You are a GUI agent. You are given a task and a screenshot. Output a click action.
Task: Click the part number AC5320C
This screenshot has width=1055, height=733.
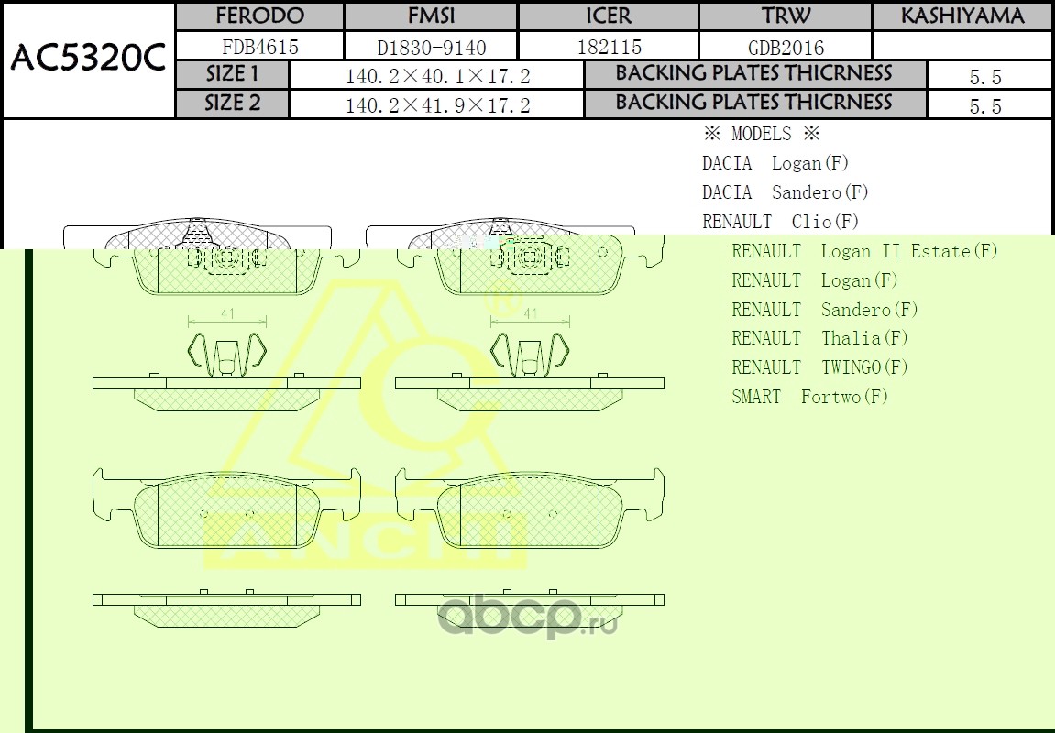88,58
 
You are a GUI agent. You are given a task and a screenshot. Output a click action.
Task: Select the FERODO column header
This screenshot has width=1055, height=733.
259,16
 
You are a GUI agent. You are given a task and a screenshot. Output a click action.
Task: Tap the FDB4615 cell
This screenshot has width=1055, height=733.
259,47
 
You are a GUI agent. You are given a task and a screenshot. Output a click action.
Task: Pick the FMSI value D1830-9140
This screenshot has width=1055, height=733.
432,48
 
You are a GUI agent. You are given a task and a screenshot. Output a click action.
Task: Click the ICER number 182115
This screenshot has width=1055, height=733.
609,47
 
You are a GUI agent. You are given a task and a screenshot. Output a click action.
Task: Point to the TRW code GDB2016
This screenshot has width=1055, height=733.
786,48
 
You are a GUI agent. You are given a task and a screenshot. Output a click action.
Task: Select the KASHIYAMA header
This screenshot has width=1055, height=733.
962,16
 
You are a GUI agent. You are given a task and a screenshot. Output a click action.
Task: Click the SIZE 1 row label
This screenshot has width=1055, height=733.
232,73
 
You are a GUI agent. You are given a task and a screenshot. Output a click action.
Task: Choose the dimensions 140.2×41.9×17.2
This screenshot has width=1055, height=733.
437,104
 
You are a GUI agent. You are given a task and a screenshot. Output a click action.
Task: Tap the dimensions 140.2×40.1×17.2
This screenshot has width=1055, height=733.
437,76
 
